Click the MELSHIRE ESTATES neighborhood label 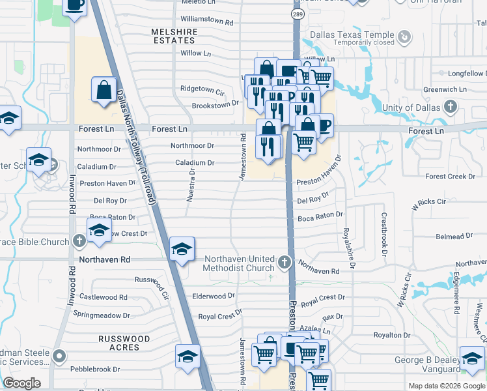[173, 36]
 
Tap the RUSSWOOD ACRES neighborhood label [124, 343]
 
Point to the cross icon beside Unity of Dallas [450, 106]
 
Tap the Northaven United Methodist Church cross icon [283, 263]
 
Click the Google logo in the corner [21, 383]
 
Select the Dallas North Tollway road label [136, 148]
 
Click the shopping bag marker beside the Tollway [104, 91]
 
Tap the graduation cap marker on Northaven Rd [182, 249]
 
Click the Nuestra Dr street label [191, 185]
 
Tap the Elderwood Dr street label [214, 296]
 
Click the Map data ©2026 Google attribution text [446, 386]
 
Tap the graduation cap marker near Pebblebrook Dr [187, 356]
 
